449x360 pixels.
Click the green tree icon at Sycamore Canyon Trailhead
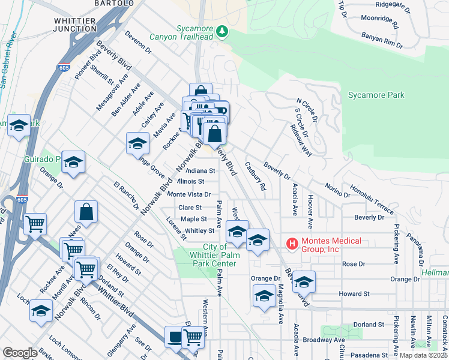tap(223, 31)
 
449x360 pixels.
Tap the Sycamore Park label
tap(376, 95)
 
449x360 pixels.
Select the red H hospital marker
tap(292, 244)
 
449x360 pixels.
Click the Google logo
tap(20, 352)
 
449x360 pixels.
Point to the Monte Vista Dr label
tap(188, 194)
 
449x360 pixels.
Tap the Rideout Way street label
tap(301, 140)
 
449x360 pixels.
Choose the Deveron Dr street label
tap(137, 43)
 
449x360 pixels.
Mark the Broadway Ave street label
tap(323, 340)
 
